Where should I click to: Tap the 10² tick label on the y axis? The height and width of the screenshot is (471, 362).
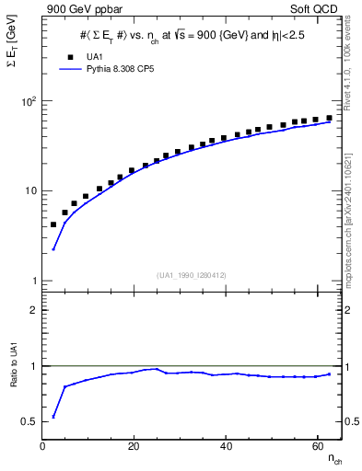[x=29, y=101]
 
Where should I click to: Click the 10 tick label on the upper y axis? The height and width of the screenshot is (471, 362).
[x=30, y=190]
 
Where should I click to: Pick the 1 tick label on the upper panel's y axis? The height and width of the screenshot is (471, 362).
[x=34, y=281]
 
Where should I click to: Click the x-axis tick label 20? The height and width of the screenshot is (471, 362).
[x=134, y=445]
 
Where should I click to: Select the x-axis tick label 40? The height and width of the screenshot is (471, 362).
[x=226, y=445]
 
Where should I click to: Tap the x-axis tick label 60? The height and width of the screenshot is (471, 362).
[x=317, y=445]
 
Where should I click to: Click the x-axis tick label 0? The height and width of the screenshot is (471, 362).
[x=43, y=445]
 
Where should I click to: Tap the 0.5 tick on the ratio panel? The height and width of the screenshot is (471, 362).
[x=29, y=421]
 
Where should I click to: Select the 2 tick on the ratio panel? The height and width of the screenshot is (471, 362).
[x=34, y=310]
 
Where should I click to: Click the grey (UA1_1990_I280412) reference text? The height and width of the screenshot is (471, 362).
[x=192, y=274]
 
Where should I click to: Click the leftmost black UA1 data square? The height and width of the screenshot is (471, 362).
[x=53, y=224]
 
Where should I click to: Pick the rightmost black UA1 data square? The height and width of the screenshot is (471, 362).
[x=329, y=118]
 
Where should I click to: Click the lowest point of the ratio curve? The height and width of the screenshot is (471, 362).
[x=53, y=417]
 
